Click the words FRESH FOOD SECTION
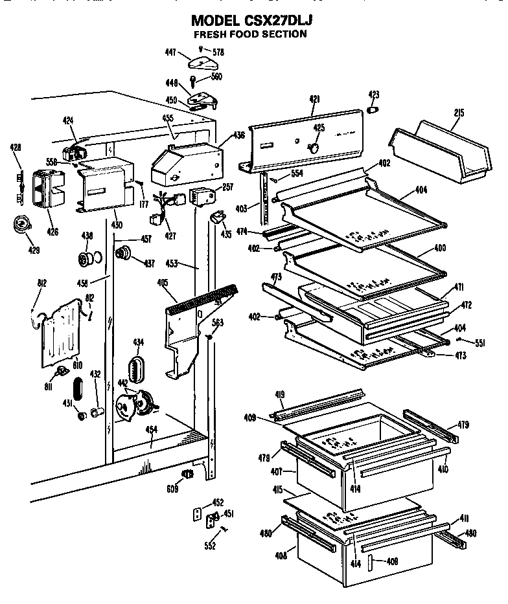250,34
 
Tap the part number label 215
459,113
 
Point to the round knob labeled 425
314,148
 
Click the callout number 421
314,98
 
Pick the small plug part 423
373,110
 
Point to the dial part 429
23,225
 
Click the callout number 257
227,187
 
